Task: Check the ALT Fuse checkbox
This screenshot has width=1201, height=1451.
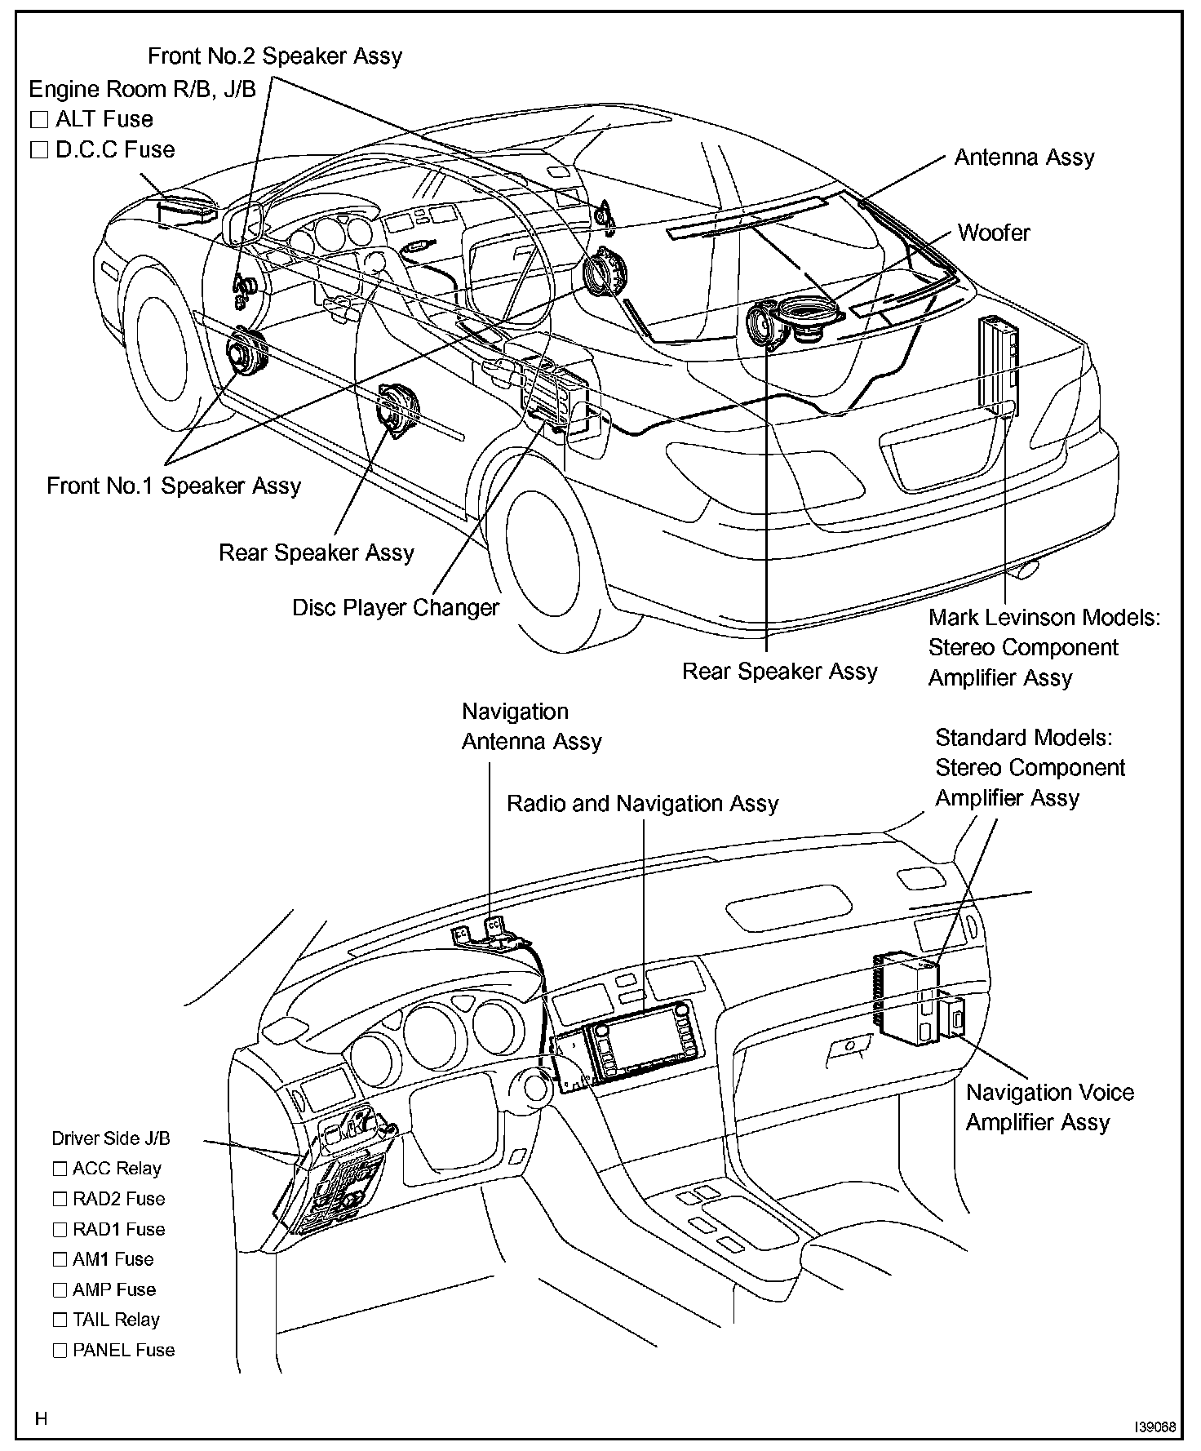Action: (x=39, y=120)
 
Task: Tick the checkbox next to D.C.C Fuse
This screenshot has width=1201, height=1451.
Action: (x=39, y=150)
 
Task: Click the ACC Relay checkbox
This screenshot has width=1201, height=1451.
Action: (x=60, y=1169)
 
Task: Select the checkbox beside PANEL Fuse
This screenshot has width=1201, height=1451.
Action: (x=60, y=1350)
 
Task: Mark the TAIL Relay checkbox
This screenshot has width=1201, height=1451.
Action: (x=60, y=1320)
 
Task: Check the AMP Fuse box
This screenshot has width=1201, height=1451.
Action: (x=60, y=1289)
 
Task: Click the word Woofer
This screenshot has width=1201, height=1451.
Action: (x=993, y=233)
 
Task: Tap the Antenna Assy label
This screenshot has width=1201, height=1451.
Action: (x=1024, y=158)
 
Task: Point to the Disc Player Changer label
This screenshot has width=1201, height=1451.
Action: (x=396, y=608)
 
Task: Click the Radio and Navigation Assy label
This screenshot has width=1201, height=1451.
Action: (x=642, y=804)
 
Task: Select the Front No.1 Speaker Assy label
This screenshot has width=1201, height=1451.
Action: (x=174, y=486)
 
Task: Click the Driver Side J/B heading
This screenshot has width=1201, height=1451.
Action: (x=111, y=1138)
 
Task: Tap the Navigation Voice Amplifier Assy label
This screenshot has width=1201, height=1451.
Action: (x=1049, y=1107)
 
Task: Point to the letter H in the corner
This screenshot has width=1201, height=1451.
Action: (x=42, y=1419)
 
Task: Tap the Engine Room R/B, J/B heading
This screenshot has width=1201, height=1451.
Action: (x=143, y=89)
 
